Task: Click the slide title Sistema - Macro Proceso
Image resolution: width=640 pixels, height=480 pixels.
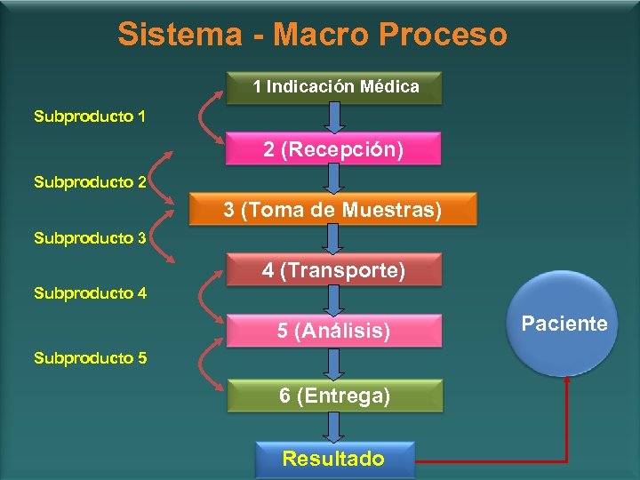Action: (312, 35)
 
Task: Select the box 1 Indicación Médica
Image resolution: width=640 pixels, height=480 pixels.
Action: (335, 87)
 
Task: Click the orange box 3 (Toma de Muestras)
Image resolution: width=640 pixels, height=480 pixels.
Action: (332, 211)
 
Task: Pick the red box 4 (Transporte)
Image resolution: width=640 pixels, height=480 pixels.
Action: (333, 270)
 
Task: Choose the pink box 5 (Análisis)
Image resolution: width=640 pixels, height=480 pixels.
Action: (333, 332)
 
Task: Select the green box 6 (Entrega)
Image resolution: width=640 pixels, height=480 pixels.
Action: (334, 396)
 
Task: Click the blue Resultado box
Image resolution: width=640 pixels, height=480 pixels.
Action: (333, 459)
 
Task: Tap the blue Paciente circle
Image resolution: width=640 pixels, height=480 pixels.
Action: (564, 324)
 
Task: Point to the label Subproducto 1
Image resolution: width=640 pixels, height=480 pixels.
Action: (90, 116)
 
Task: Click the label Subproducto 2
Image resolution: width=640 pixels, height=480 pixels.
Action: (90, 182)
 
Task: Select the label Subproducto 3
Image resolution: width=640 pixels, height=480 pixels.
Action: (90, 237)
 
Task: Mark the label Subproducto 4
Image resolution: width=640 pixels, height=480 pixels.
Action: (90, 292)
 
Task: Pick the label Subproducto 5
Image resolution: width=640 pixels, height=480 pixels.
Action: (90, 358)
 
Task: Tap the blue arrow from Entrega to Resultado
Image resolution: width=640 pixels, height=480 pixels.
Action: (333, 427)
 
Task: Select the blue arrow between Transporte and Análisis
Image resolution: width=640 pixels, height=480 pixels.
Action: (333, 300)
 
